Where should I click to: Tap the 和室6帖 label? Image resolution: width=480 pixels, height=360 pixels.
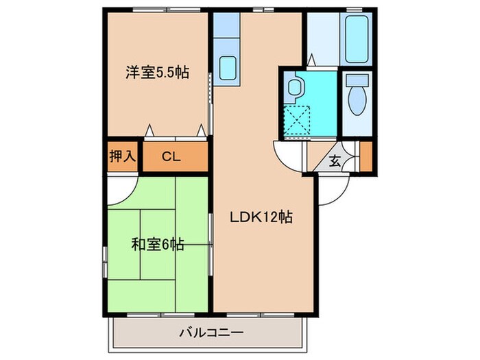tap(157, 243)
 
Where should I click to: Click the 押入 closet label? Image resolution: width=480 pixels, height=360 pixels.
tap(123, 156)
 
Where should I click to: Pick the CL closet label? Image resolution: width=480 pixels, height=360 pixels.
tap(171, 156)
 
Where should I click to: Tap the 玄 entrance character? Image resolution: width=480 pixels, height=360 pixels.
tap(335, 162)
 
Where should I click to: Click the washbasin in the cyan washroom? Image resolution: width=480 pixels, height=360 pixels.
tap(296, 87)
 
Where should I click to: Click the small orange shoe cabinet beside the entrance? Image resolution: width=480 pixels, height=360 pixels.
tap(365, 156)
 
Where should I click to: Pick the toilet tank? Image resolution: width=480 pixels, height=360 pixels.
tap(357, 80)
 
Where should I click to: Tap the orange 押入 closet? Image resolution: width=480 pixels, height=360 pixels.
tap(123, 156)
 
